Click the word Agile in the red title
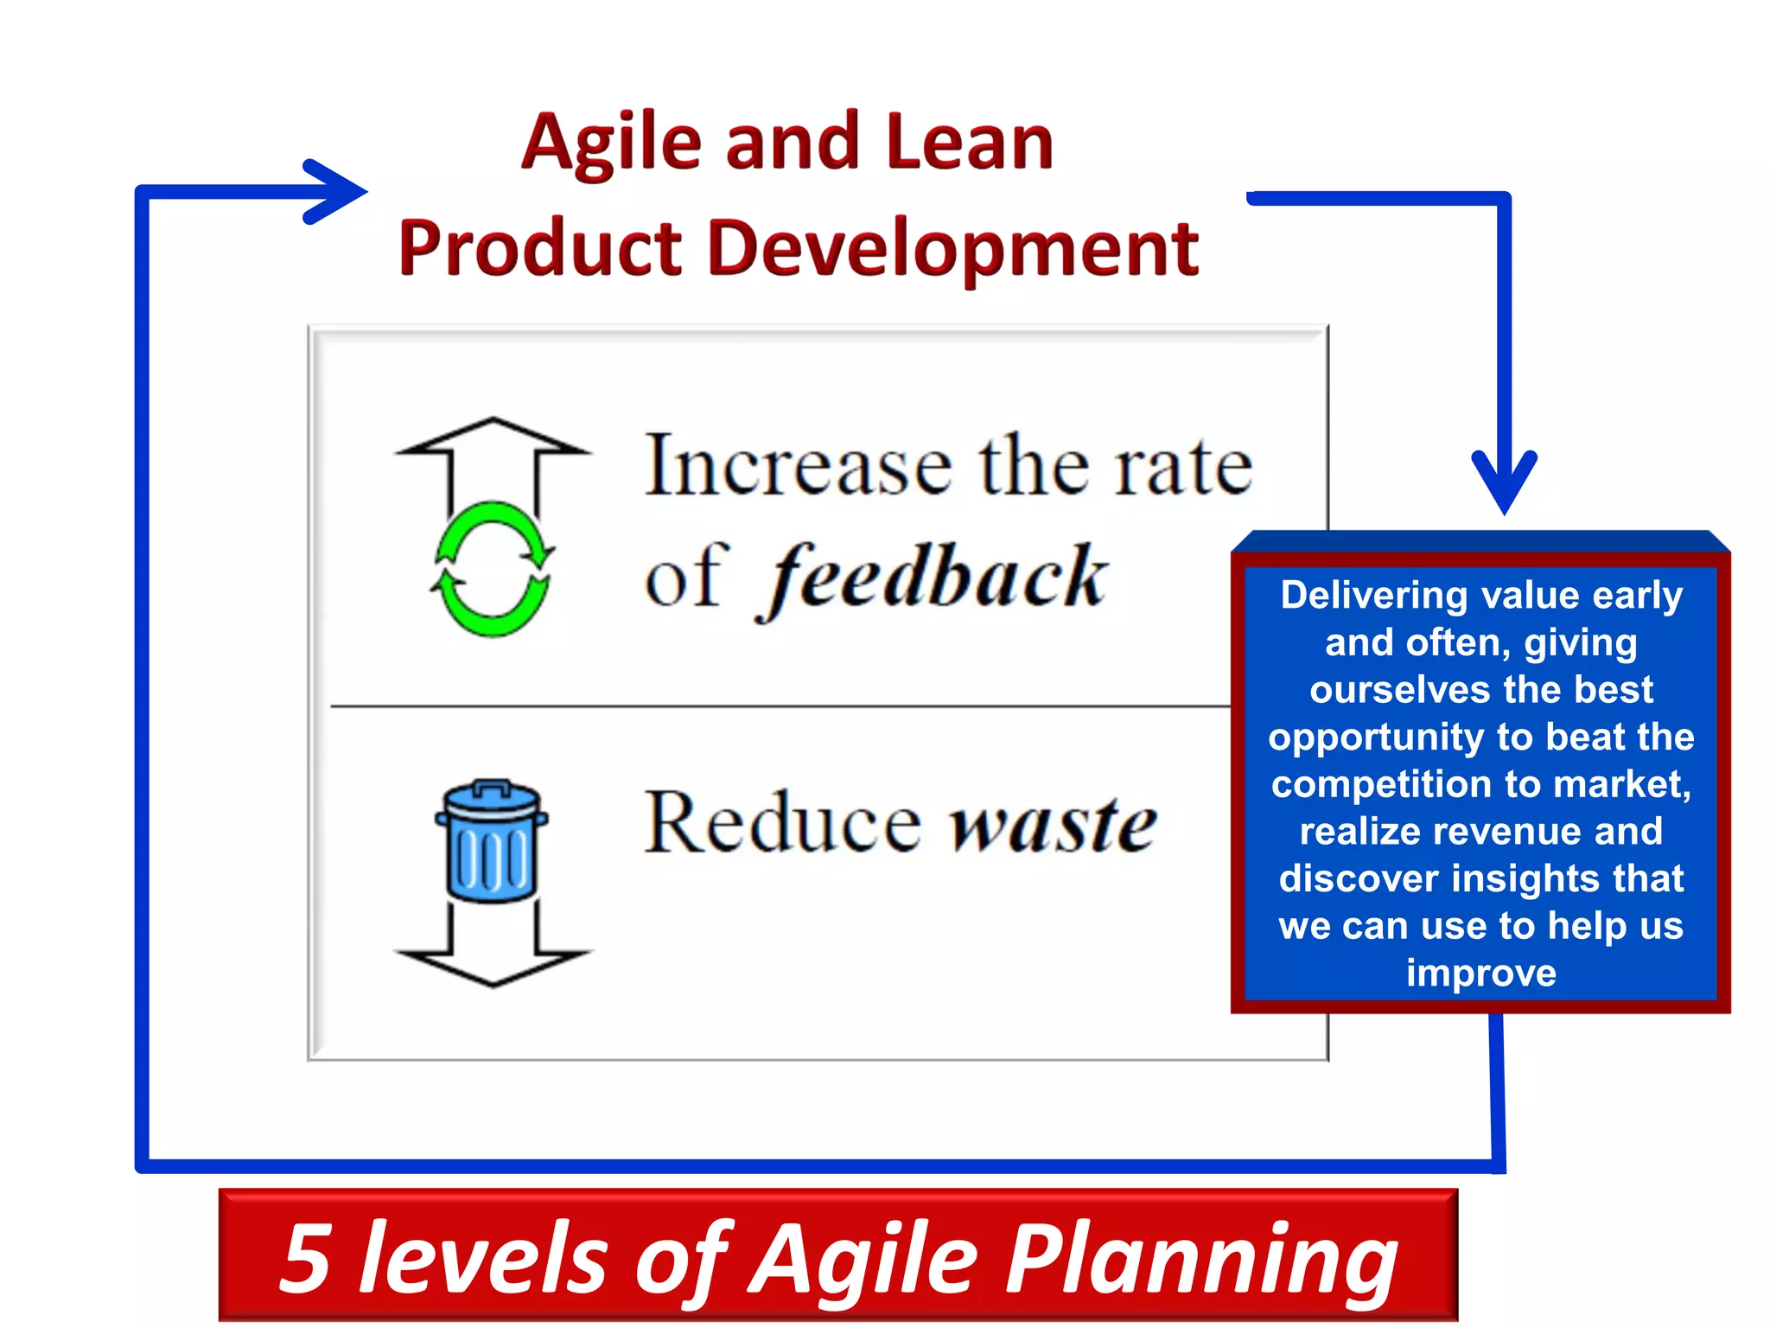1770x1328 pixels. point(611,143)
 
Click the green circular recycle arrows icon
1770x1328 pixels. point(492,569)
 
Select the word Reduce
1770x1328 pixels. point(782,824)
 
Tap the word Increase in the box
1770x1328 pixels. point(799,467)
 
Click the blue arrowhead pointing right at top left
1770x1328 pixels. point(341,192)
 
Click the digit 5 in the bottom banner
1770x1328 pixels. point(307,1259)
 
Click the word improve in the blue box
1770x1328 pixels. point(1480,974)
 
